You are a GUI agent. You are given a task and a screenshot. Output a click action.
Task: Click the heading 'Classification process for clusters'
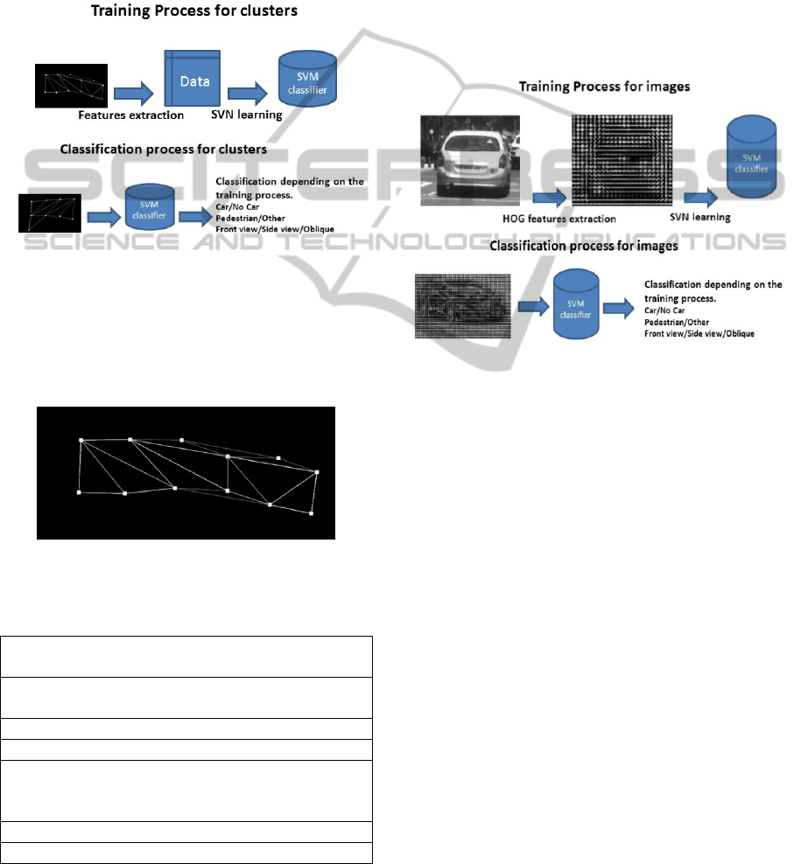(162, 150)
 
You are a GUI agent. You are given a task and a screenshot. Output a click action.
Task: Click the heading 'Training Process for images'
(603, 87)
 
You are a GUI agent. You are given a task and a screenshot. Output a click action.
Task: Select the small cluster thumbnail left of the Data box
(72, 86)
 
